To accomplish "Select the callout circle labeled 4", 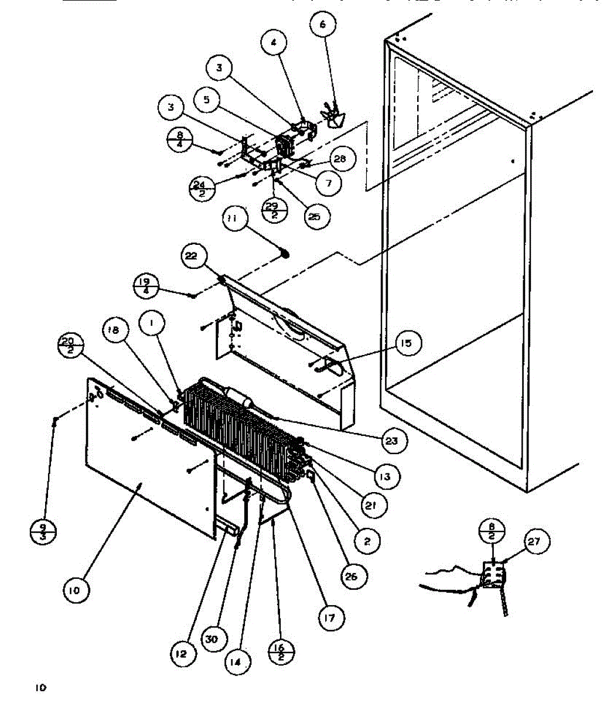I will (274, 42).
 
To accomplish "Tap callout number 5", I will (206, 100).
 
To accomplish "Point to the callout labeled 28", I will (341, 159).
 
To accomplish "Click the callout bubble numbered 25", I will (314, 217).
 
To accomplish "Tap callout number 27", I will (534, 542).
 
